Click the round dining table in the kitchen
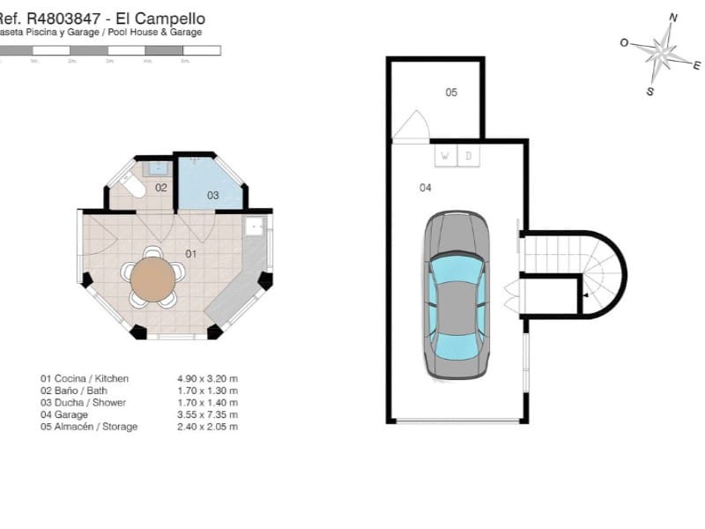pyautogui.click(x=153, y=279)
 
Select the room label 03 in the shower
pyautogui.click(x=213, y=195)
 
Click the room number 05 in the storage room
pyautogui.click(x=451, y=92)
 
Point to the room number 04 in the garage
pyautogui.click(x=425, y=187)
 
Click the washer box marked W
pyautogui.click(x=445, y=156)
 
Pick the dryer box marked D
pyautogui.click(x=469, y=156)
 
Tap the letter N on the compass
pyautogui.click(x=673, y=16)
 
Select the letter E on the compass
pyautogui.click(x=696, y=65)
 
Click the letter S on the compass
pyautogui.click(x=650, y=91)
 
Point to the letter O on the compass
pyautogui.click(x=624, y=41)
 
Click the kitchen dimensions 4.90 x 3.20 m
pyautogui.click(x=208, y=378)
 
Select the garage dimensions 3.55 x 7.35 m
pyautogui.click(x=208, y=414)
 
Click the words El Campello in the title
pyautogui.click(x=167, y=18)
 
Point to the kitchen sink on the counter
pyautogui.click(x=254, y=226)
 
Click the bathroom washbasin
pyautogui.click(x=160, y=167)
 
